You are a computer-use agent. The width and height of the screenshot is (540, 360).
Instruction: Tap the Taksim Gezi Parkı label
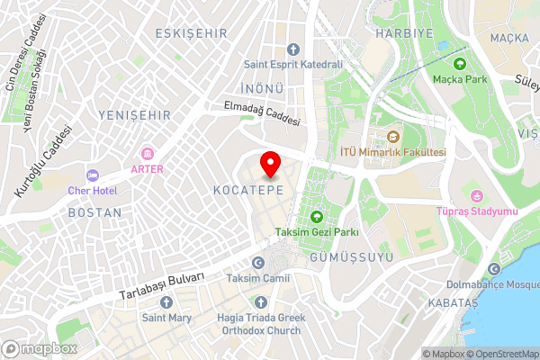coord(317,232)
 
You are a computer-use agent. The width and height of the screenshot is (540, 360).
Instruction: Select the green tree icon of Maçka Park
coord(461,64)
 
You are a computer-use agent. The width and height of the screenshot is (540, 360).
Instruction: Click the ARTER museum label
coord(147,168)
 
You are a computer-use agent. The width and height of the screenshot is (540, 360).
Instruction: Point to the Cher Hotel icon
coord(92,175)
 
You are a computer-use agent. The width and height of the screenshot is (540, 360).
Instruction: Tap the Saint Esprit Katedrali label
coord(293,65)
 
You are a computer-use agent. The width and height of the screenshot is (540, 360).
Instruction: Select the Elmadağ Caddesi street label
coord(262,113)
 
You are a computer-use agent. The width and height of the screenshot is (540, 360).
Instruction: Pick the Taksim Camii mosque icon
coord(258,263)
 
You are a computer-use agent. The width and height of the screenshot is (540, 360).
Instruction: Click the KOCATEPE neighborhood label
coord(249,191)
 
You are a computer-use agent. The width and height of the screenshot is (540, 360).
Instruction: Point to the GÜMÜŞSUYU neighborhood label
coord(352,256)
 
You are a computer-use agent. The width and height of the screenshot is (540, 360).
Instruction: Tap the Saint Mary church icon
coord(166,302)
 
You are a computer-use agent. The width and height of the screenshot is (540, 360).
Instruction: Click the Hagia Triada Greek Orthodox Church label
coord(261,324)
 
